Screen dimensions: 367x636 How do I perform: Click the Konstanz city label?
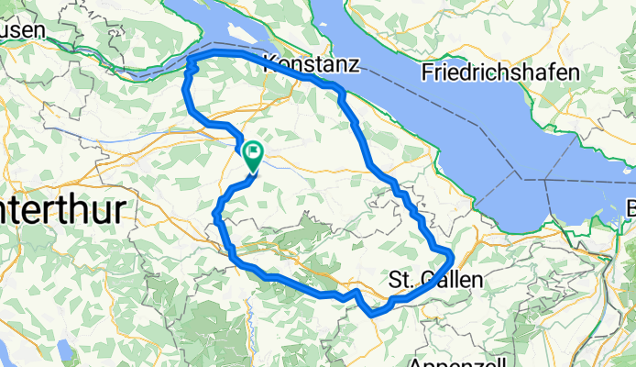point(311,64)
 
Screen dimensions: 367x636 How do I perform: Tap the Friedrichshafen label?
point(500,72)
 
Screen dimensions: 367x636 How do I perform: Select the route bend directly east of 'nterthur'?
point(216,214)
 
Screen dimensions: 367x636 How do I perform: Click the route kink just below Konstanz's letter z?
point(340,92)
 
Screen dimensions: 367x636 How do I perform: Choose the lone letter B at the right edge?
point(630,205)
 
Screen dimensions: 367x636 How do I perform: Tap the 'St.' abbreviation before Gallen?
point(400,278)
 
